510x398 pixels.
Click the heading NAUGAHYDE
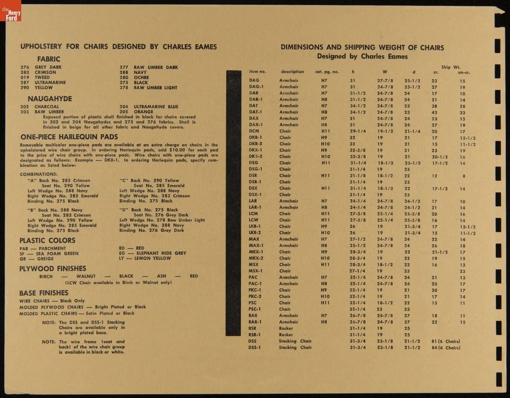(50, 99)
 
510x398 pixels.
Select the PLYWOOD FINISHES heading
(53, 268)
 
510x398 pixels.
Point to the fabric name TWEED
(42, 77)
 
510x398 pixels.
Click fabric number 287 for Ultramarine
(25, 82)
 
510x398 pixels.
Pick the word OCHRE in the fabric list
(141, 77)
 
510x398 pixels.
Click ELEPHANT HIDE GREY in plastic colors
(161, 253)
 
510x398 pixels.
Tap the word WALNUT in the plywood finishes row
(86, 276)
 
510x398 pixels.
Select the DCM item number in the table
(254, 131)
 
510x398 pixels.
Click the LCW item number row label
(253, 220)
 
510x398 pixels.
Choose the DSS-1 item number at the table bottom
(255, 347)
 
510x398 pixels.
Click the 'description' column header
(292, 72)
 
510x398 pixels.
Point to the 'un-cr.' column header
(463, 72)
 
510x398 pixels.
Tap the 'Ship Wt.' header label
(451, 67)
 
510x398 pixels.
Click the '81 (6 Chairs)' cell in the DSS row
(445, 341)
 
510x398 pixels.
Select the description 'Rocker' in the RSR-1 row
(286, 335)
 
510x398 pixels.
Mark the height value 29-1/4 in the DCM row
(358, 131)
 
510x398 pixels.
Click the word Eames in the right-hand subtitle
(397, 56)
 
